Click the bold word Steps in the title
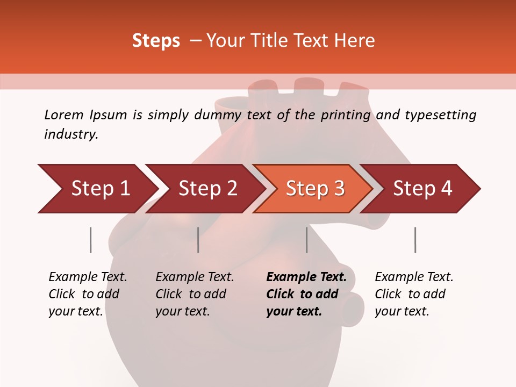pos(156,41)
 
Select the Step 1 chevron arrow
pos(97,189)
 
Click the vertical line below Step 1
pos(90,240)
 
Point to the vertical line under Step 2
pos(198,240)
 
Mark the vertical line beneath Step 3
pos(306,240)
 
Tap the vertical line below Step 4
pos(415,240)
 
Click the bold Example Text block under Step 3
pos(306,294)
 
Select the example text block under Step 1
pos(88,294)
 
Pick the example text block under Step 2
pos(195,294)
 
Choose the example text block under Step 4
pos(414,294)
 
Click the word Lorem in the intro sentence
pos(63,114)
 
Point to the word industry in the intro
pos(71,134)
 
